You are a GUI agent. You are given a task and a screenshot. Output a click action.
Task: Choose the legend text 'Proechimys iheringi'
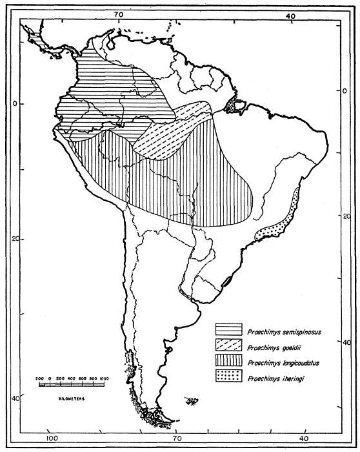tap(270, 380)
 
